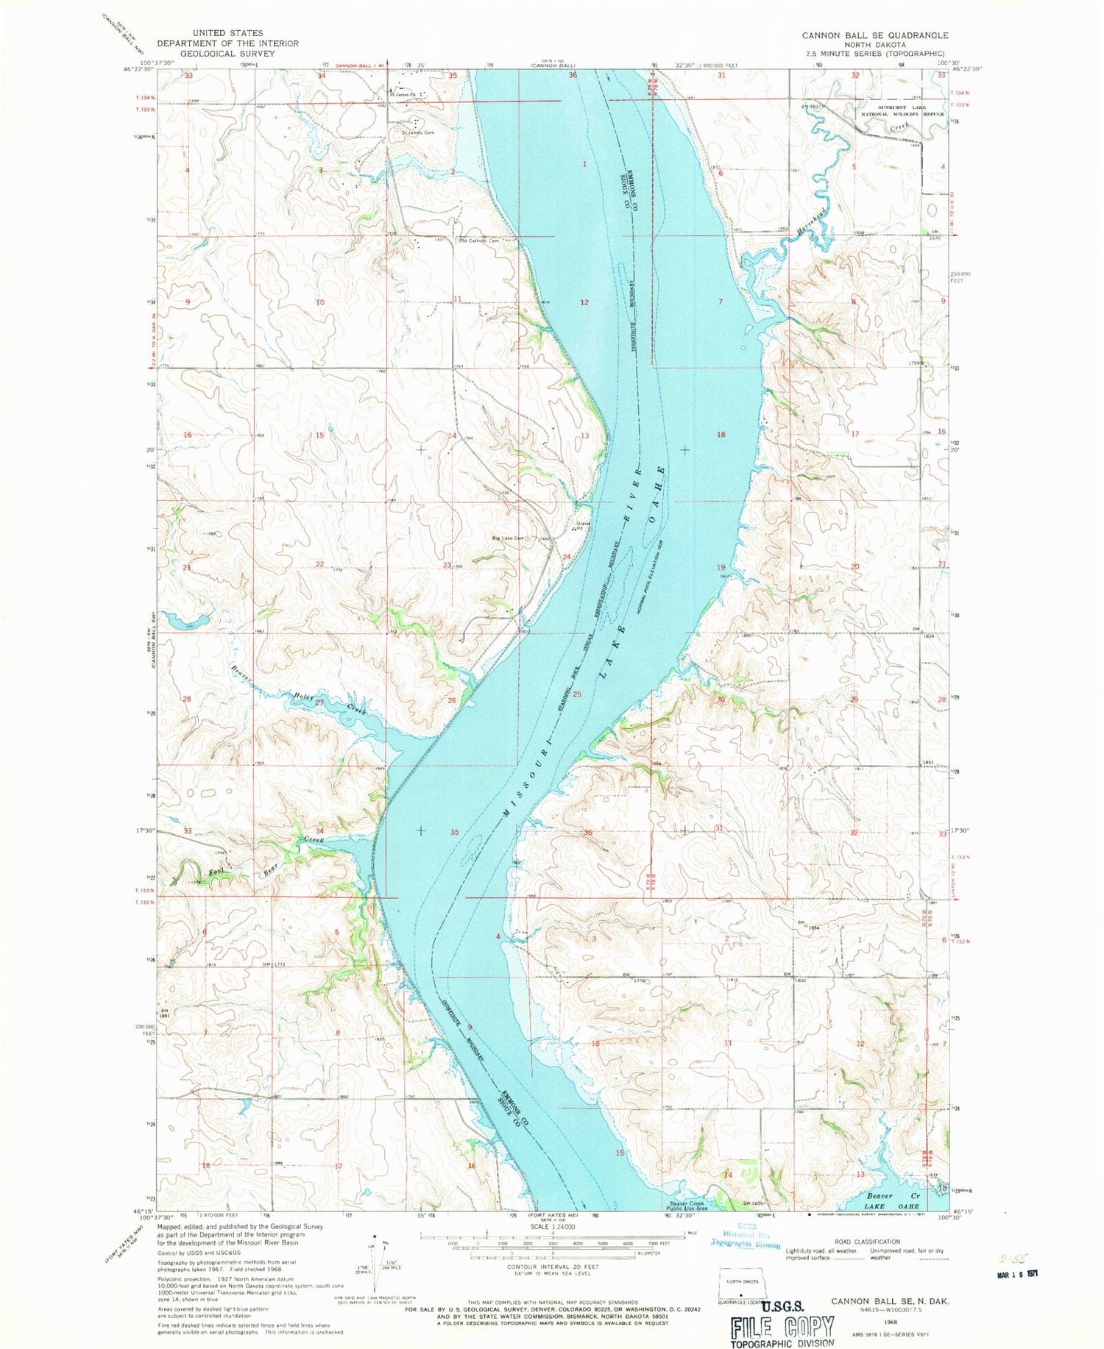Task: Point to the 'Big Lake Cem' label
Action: (x=509, y=538)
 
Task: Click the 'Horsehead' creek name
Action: (x=810, y=220)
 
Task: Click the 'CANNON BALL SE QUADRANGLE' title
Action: (x=874, y=35)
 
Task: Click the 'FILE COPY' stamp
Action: (x=782, y=1328)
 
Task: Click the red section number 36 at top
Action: (x=573, y=75)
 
